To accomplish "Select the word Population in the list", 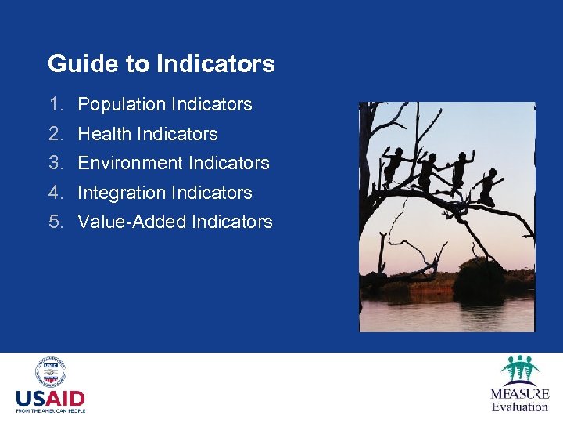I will point(121,104).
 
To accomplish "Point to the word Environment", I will point(130,163).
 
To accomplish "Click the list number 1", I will point(55,104).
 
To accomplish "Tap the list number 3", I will point(55,163).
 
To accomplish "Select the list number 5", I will point(55,222).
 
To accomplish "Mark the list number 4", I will point(55,193).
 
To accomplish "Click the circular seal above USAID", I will point(50,372).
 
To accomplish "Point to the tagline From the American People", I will point(50,410).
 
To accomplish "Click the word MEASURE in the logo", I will point(519,394).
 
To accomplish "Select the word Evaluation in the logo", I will point(519,407).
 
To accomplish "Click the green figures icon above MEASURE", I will point(519,369).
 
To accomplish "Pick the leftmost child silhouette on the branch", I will point(396,164).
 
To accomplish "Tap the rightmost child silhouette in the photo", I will point(489,186).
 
